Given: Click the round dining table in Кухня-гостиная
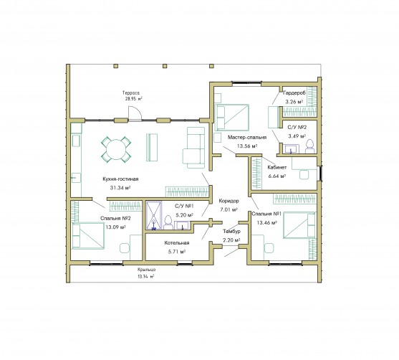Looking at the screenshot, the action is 116,149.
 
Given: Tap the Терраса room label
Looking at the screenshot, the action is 131,93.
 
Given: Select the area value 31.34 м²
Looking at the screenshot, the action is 120,188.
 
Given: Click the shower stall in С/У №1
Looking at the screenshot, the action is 154,215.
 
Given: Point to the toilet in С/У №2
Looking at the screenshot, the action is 309,146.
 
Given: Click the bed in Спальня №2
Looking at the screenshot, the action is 88,236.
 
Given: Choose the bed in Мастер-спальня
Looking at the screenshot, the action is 232,118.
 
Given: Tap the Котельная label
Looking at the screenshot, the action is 177,243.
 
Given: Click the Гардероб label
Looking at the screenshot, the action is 294,93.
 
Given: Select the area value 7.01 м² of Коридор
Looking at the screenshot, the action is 229,209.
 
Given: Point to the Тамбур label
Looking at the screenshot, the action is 231,232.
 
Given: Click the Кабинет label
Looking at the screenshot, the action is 277,167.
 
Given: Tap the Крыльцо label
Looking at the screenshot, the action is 146,270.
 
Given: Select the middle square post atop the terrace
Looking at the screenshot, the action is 165,66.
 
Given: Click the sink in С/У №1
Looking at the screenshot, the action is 182,226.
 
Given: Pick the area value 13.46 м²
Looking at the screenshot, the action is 266,223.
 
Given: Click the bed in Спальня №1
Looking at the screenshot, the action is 299,225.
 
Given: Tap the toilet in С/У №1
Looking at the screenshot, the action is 168,223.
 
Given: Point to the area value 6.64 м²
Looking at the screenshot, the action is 277,176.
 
